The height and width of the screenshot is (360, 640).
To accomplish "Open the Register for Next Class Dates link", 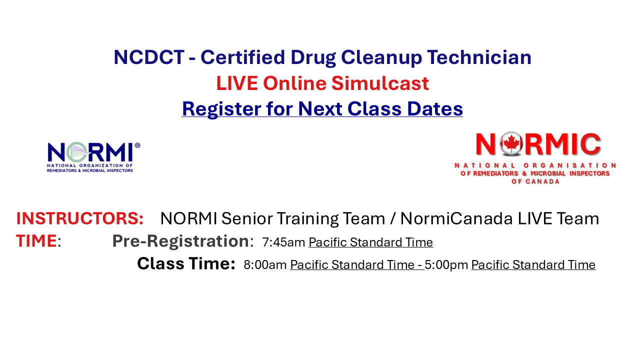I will tap(322, 108).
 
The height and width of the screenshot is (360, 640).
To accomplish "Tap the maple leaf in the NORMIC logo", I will tap(511, 144).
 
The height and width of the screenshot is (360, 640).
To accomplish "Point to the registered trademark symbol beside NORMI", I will tap(137, 145).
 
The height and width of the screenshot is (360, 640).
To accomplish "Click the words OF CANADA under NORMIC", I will tap(535, 181).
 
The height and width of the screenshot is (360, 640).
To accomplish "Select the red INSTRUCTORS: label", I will tap(80, 218).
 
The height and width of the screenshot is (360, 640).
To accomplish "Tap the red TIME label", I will tap(36, 241).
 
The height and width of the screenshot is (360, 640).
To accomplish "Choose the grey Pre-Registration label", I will tap(180, 241).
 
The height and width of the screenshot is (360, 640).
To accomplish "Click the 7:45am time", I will tap(283, 242).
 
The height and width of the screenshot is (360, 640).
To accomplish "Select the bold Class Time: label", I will tap(186, 263).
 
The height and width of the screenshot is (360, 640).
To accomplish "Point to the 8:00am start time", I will tap(265, 265).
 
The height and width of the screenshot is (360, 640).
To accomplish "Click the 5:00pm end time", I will tap(446, 265).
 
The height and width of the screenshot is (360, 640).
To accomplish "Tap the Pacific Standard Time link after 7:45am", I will tap(370, 242).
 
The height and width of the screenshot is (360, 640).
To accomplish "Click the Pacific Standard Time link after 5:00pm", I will tap(533, 265).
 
